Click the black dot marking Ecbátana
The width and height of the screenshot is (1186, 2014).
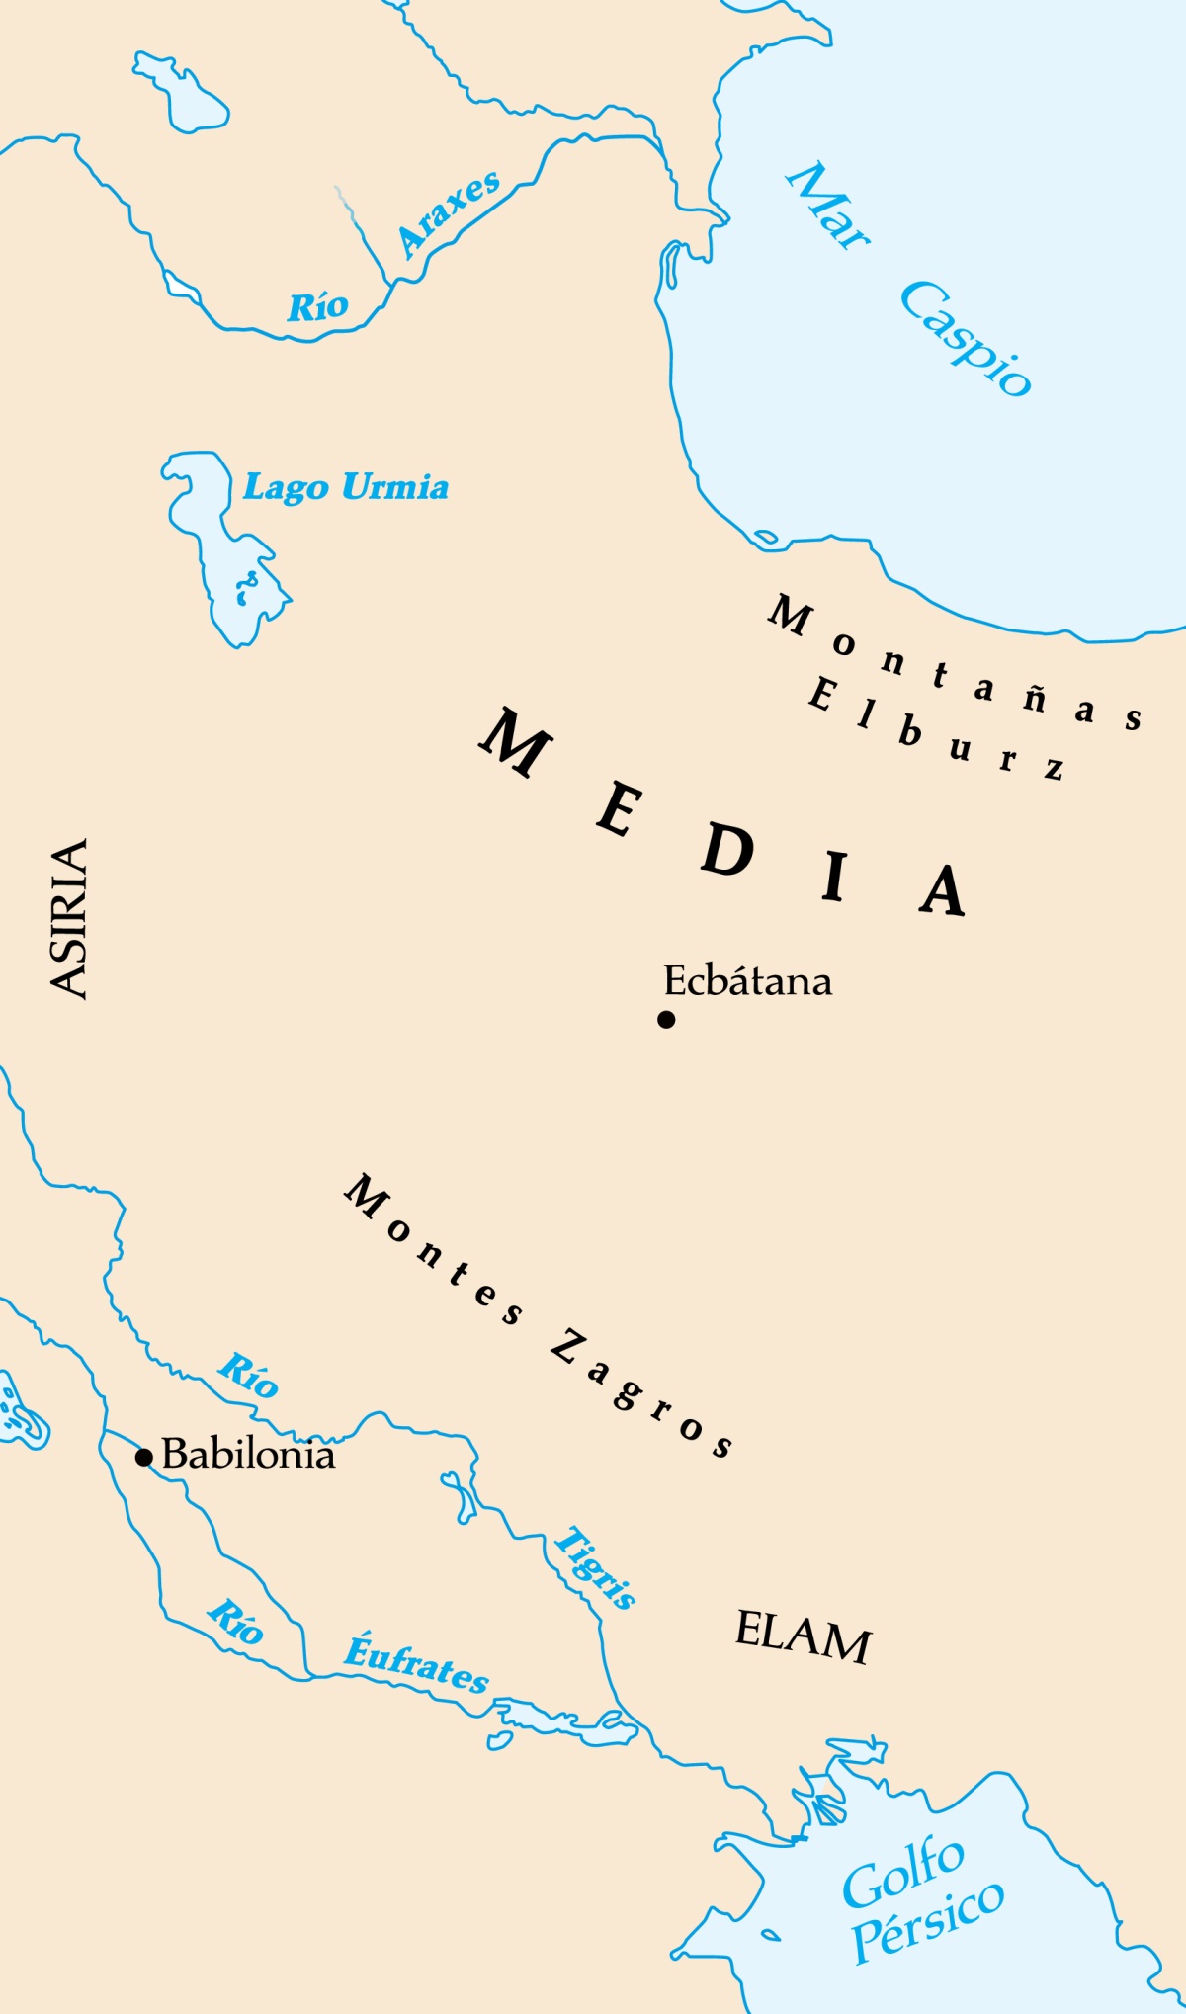pos(666,1019)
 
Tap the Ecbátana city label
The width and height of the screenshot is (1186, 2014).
pos(747,981)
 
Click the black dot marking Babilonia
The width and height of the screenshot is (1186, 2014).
pos(144,1457)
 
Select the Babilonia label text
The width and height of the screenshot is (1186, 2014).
pos(248,1454)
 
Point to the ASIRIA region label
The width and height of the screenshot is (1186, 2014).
pos(69,918)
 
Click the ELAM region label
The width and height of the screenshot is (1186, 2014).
pos(803,1637)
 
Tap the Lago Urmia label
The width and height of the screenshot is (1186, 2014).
pos(346,487)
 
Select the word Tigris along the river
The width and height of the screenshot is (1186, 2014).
pos(595,1567)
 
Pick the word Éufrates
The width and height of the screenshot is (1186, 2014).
pos(416,1664)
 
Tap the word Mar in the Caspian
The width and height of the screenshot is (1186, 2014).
pos(828,206)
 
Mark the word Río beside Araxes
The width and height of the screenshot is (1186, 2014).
pos(317,307)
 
